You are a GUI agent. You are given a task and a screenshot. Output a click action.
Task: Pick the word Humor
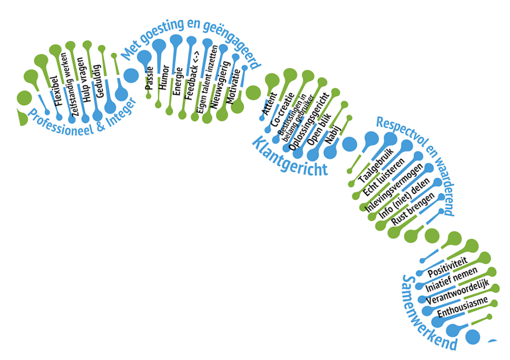(x=164, y=80)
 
